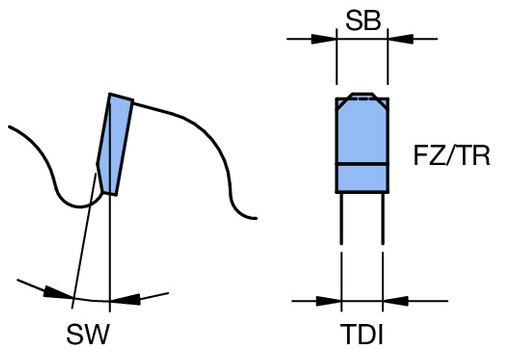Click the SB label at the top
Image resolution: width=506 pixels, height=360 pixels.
(363, 20)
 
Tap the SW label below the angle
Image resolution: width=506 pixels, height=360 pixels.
(88, 334)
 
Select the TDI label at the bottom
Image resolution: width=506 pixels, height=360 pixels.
(362, 334)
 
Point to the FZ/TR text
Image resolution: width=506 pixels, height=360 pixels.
(452, 155)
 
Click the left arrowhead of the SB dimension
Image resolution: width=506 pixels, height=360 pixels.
(324, 39)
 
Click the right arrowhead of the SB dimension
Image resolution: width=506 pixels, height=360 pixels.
(400, 39)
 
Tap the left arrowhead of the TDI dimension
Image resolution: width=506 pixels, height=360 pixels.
(329, 301)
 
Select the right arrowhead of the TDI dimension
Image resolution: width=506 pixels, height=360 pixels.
(396, 301)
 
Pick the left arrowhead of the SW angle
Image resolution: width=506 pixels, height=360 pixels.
(58, 292)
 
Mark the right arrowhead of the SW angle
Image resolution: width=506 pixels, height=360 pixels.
(125, 299)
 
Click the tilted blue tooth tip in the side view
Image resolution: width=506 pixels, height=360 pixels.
(115, 144)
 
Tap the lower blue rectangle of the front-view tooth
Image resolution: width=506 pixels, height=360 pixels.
(362, 178)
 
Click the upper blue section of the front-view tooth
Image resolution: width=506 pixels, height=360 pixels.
(362, 132)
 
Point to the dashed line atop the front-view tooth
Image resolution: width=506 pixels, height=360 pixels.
(363, 99)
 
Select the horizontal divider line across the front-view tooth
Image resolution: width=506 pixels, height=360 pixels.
(362, 164)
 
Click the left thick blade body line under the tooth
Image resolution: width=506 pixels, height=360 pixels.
(341, 219)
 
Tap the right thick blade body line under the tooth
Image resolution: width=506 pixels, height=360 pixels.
(383, 219)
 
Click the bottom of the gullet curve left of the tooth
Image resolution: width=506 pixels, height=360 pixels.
(79, 207)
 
